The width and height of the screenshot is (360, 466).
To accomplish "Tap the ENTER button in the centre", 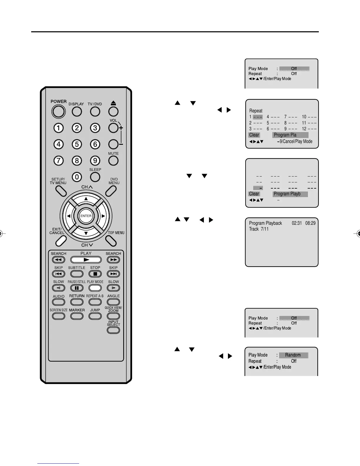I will click(86, 216).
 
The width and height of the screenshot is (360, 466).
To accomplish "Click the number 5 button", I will click(77, 144).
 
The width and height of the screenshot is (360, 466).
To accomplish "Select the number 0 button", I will click(77, 177).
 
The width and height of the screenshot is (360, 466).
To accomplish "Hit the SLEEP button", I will click(95, 177).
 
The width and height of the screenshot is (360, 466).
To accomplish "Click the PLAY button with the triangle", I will click(86, 260).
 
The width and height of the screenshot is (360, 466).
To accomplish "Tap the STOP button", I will click(95, 274).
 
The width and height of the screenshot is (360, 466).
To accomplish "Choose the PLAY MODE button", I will click(95, 288).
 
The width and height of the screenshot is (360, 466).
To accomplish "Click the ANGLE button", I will click(113, 302).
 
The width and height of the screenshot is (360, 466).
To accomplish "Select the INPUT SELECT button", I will click(113, 330).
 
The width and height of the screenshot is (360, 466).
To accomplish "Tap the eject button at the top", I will click(113, 111).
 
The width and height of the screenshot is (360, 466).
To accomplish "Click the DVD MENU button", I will click(111, 191).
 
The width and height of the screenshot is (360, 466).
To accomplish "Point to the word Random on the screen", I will click(293, 355).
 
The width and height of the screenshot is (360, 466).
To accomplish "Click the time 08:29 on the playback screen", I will click(310, 223).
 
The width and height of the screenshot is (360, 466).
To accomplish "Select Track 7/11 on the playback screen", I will click(259, 229).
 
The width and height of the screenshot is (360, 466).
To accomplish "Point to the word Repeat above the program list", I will click(256, 111).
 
